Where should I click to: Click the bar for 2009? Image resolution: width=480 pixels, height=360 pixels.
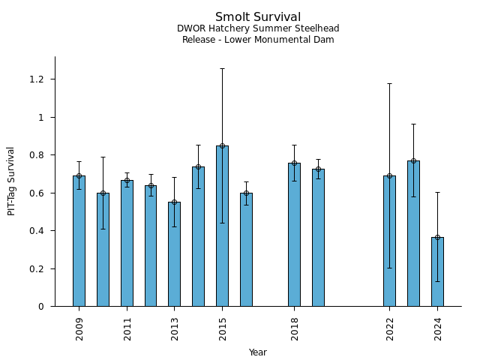pyautogui.click(x=79, y=241)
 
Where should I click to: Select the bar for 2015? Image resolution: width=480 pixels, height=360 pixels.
pyautogui.click(x=222, y=226)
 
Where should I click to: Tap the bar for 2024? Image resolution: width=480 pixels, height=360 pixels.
pyautogui.click(x=437, y=271)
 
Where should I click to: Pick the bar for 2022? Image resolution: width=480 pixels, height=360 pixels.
pyautogui.click(x=389, y=241)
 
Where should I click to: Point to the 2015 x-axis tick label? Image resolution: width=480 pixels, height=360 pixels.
pyautogui.click(x=223, y=328)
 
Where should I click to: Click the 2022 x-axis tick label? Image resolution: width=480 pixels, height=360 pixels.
pyautogui.click(x=390, y=328)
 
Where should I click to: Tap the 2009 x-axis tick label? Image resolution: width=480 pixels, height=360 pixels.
pyautogui.click(x=79, y=328)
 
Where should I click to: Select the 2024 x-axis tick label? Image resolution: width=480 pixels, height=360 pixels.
pyautogui.click(x=438, y=328)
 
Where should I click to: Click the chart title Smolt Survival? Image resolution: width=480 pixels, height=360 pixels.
pyautogui.click(x=258, y=17)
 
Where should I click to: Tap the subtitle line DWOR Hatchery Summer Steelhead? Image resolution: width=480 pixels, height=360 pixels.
pyautogui.click(x=258, y=28)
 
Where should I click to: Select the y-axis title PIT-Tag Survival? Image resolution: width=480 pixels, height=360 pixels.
pyautogui.click(x=11, y=181)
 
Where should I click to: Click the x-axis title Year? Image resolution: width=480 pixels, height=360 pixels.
pyautogui.click(x=258, y=352)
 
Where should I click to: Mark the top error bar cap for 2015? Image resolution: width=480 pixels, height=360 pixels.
pyautogui.click(x=222, y=68)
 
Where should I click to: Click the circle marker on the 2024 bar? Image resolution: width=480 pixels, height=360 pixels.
pyautogui.click(x=437, y=237)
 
